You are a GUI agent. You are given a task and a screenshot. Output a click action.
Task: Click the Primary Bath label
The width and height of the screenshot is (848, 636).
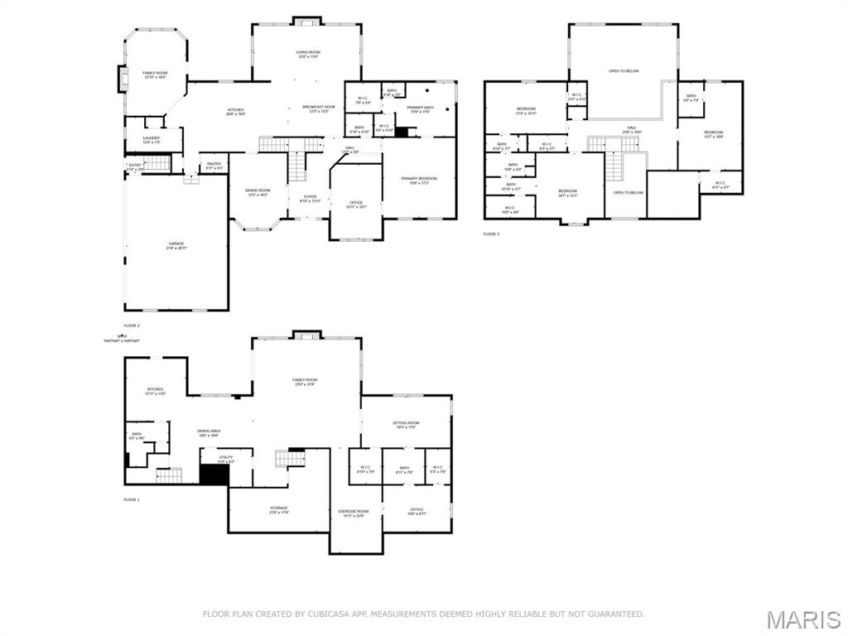(420, 109)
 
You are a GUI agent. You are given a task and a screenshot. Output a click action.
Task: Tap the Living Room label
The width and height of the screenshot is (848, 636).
(308, 55)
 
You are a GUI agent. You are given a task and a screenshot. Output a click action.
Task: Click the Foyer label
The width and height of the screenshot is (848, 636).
(309, 198)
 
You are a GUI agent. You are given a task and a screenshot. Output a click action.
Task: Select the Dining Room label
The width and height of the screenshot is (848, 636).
(258, 192)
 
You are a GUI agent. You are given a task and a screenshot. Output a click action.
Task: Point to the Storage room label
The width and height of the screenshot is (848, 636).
(278, 509)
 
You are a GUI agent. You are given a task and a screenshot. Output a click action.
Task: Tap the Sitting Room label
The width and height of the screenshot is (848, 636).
(406, 425)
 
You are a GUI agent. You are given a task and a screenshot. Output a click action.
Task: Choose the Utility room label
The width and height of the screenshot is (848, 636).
(225, 458)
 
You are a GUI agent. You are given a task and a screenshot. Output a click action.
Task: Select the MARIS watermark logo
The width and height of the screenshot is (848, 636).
(803, 619)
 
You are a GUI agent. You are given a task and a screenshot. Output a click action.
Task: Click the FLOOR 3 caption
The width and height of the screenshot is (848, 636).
(491, 234)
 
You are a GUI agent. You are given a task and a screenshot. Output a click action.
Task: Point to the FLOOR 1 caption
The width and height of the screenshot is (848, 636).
(132, 499)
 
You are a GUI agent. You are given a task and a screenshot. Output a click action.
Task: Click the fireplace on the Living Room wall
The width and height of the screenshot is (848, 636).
(306, 21)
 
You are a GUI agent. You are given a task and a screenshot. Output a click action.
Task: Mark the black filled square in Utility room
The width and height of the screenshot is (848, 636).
(214, 475)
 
